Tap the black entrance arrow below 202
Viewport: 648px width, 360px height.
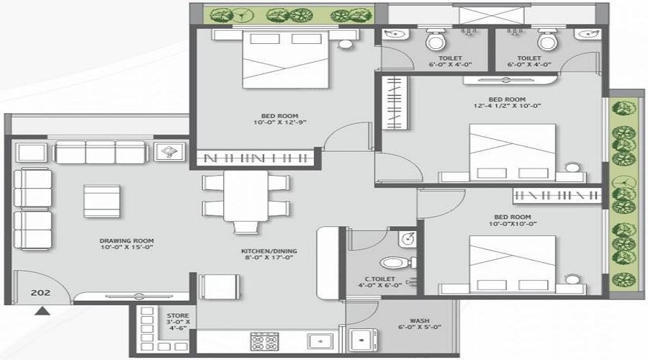(44, 311)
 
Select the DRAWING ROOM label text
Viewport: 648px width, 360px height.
(127, 240)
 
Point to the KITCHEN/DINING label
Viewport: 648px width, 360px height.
(269, 251)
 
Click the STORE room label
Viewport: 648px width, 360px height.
(178, 315)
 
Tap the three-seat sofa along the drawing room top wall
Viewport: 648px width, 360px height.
(101, 152)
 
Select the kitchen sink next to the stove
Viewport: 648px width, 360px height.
(316, 340)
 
